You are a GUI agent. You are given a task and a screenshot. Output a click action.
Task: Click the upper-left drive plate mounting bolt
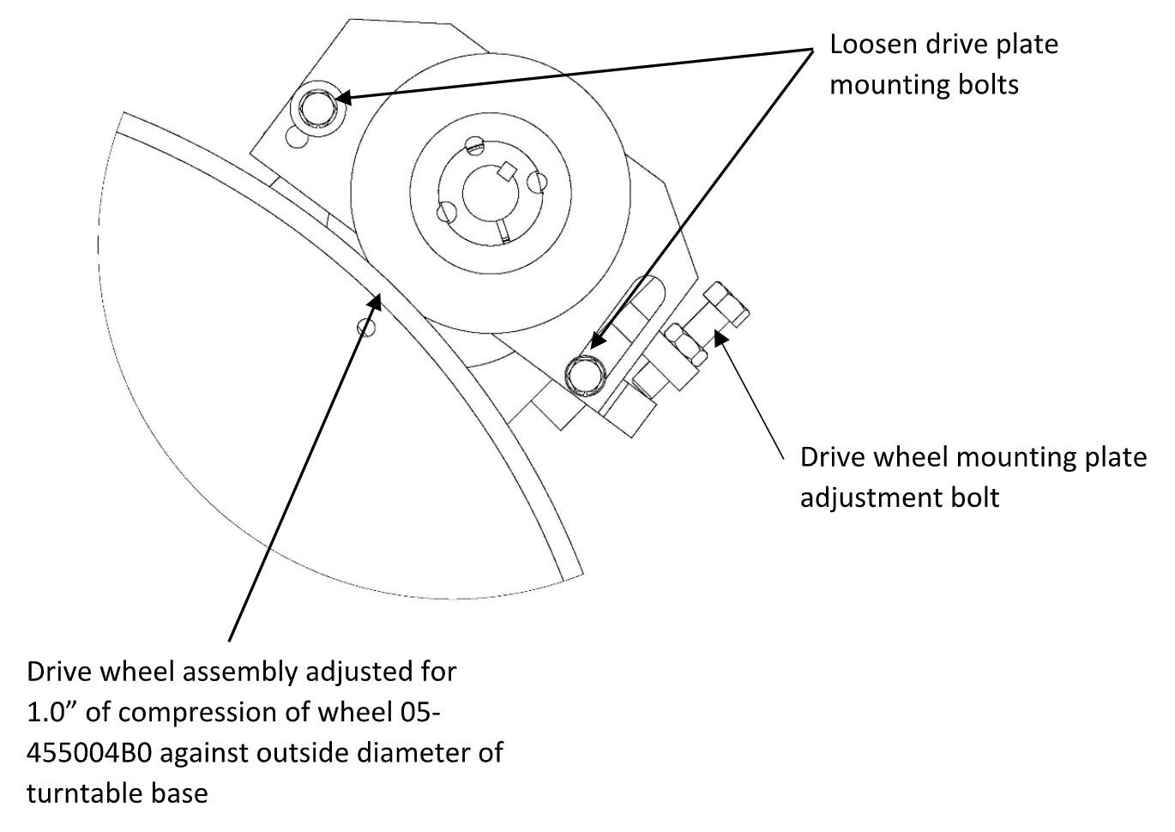click(318, 108)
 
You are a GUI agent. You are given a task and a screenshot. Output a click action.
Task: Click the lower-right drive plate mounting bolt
click(586, 373)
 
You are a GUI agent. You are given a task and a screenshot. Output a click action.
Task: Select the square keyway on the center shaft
click(506, 170)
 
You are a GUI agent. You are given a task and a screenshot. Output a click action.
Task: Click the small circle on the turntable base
click(367, 327)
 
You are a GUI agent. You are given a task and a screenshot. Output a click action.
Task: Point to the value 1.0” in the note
click(52, 713)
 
